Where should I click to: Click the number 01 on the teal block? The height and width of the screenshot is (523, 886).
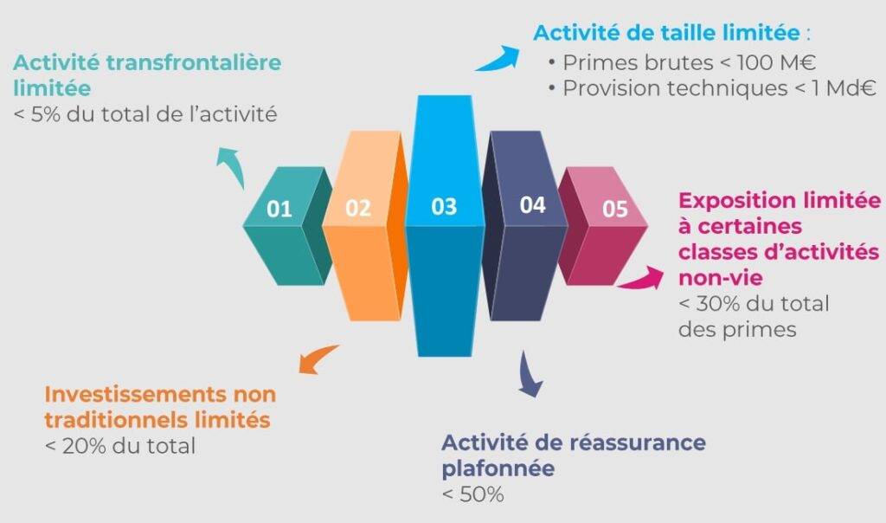(x=279, y=210)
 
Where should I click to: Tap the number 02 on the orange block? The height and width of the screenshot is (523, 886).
(x=358, y=208)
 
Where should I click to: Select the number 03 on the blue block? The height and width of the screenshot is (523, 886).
(x=444, y=206)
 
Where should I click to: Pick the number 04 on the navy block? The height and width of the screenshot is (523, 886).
(x=532, y=204)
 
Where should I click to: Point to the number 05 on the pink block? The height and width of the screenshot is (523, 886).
(x=615, y=210)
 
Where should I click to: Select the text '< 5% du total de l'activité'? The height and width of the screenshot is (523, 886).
(x=145, y=115)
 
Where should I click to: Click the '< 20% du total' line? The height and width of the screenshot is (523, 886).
(x=120, y=446)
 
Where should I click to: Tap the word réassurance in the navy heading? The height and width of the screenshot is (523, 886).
(x=638, y=442)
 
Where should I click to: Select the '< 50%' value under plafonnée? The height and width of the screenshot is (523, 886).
(x=473, y=494)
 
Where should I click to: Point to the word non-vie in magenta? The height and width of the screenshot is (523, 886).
(x=721, y=278)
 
